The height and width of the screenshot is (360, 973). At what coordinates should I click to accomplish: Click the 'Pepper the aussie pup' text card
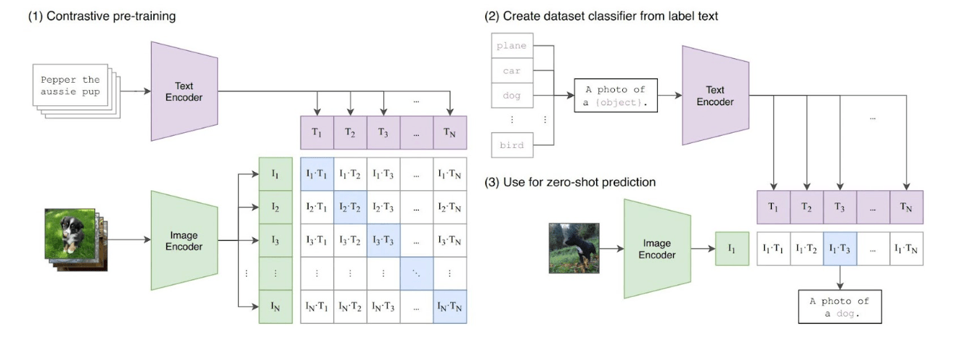70,85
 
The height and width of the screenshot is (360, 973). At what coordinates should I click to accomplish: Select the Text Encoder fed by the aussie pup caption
184,91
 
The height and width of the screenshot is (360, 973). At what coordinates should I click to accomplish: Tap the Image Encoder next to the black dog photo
657,249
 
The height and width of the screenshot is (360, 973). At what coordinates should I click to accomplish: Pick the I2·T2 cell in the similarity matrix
350,207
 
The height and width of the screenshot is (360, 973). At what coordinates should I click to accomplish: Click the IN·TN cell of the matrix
450,306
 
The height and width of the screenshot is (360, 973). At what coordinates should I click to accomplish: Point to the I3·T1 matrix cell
317,240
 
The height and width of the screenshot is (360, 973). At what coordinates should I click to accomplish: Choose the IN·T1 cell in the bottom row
317,306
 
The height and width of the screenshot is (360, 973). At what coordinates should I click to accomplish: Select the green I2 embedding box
275,207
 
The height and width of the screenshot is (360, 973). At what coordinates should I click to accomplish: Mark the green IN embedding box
275,306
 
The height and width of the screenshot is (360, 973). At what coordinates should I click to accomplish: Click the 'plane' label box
512,46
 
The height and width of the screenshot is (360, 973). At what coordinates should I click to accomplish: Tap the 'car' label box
512,70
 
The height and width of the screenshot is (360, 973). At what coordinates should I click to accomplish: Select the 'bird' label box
512,145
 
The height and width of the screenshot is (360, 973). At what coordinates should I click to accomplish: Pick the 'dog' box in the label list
512,96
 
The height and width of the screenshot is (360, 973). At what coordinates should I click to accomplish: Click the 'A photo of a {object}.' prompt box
616,96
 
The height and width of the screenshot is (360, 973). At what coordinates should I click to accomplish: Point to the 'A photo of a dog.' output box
840,306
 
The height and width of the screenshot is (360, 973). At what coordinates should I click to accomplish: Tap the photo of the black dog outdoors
574,248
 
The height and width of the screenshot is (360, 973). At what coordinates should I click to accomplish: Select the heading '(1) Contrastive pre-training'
102,16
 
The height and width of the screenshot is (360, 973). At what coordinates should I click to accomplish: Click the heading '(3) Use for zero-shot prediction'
570,182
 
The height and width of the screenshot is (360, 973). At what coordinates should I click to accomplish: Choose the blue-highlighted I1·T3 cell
840,249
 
